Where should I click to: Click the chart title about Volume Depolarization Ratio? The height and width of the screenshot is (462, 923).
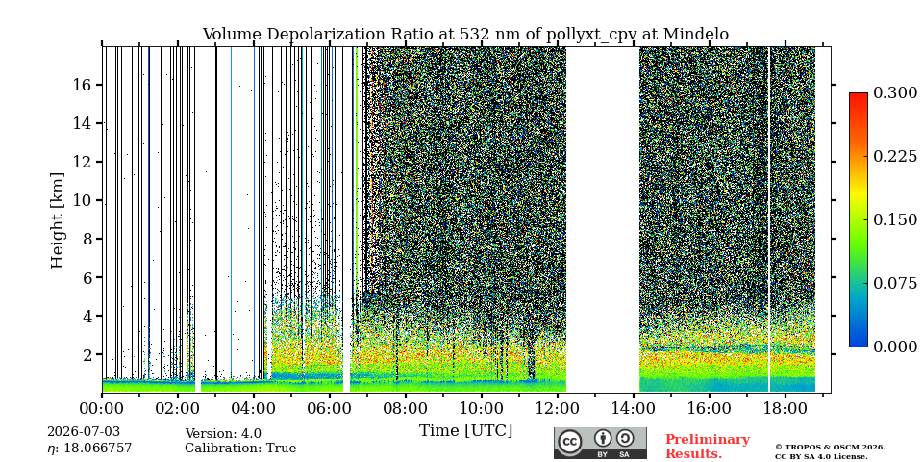coord(465,35)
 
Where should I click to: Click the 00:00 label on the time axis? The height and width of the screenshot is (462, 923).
coord(103,408)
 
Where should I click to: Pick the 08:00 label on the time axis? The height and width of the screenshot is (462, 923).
coord(405,408)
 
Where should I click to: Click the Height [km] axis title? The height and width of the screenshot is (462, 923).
coord(57,220)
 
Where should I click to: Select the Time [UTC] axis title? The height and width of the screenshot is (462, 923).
coord(465,431)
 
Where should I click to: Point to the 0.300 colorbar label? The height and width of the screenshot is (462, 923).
coord(895,93)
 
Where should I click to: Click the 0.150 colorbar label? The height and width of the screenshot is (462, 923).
coord(895,219)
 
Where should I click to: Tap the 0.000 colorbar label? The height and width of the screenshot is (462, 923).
coord(895,346)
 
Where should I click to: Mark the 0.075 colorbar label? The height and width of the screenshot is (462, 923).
coord(895,283)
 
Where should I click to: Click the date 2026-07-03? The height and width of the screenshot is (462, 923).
coord(83,432)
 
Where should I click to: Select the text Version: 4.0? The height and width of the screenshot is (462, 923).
coord(223,434)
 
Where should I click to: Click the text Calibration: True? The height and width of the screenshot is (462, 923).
coord(240,449)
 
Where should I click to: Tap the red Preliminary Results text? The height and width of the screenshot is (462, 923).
coord(708,447)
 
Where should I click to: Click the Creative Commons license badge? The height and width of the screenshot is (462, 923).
coord(600,443)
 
